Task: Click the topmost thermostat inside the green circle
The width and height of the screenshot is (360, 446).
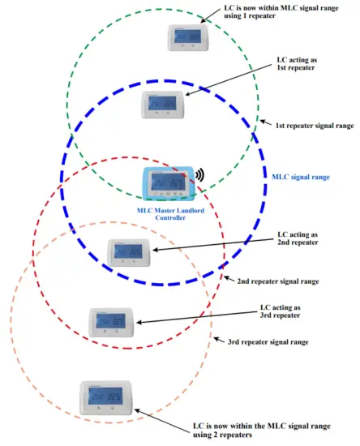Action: tap(189, 37)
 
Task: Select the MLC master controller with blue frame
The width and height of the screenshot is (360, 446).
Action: tap(168, 185)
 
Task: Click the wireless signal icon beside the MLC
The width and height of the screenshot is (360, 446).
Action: tap(199, 175)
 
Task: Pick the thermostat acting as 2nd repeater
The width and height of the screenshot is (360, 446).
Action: tap(131, 251)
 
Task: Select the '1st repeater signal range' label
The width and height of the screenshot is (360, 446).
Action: tap(315, 126)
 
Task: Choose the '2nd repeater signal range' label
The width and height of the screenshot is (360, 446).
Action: tap(279, 281)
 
